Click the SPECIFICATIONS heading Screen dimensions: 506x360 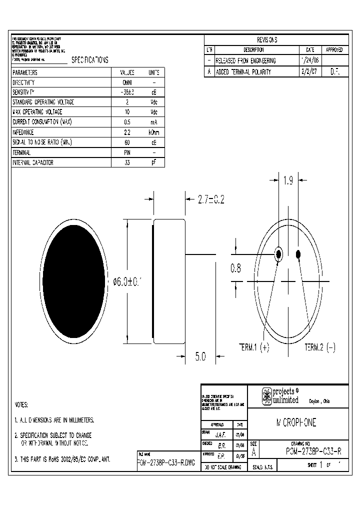[89, 59]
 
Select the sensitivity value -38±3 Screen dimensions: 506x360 [127, 92]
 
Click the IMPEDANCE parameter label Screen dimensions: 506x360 [23, 132]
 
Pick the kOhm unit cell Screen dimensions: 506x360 [154, 132]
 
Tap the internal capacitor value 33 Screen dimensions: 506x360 [127, 163]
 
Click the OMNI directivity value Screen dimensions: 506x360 [127, 82]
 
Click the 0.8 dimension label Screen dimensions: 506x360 [235, 268]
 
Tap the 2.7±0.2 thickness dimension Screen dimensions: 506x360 [210, 199]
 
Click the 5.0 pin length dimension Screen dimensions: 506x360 [200, 356]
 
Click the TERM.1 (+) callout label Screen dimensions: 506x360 [253, 348]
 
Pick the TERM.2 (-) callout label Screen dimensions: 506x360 [320, 348]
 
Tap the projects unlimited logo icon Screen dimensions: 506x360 [267, 396]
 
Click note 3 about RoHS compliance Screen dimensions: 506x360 [62, 458]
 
